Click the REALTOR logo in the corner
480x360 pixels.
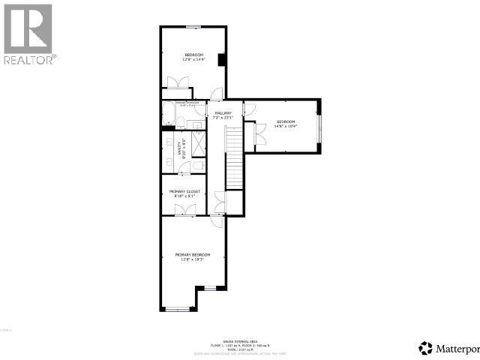point(28,33)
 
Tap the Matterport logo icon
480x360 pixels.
point(426,347)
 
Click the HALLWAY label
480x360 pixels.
point(223,112)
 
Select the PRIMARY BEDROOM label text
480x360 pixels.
point(193,255)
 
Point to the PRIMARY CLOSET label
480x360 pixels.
point(184,191)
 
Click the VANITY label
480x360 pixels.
point(179,149)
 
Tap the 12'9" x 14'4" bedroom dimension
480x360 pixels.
point(194,60)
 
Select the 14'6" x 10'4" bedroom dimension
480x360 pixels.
point(286,127)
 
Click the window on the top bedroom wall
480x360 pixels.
point(193,27)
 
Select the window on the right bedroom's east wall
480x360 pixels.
point(319,124)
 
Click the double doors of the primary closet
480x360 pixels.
point(184,212)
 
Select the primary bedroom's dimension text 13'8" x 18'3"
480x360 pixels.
point(193,260)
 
